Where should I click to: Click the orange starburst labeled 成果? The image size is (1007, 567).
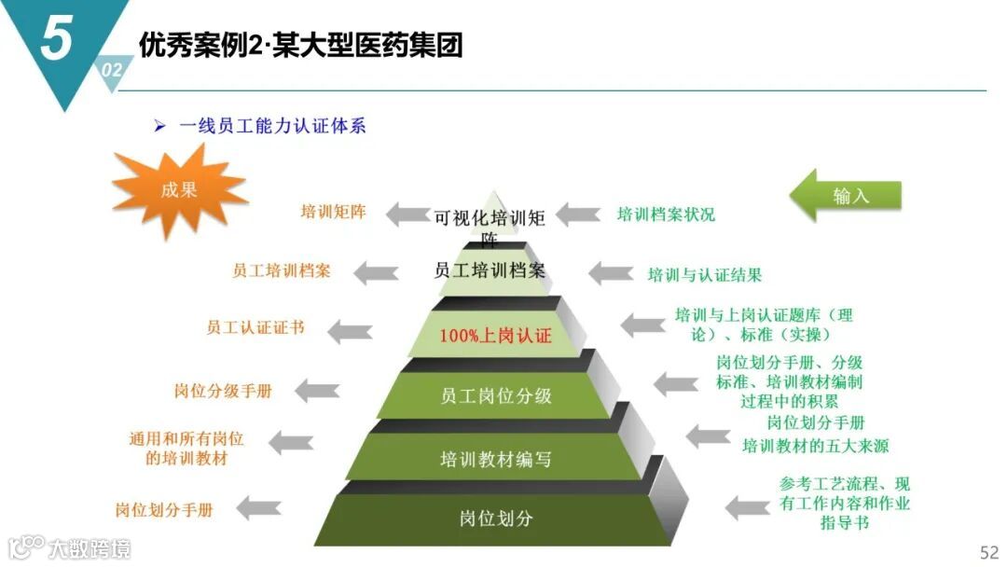179,190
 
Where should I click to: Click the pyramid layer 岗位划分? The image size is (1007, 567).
495,518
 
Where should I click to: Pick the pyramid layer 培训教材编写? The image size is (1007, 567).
495,459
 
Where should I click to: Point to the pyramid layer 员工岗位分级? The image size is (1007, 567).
495,395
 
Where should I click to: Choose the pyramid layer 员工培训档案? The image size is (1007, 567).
490,270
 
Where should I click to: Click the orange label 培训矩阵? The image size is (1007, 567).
333,212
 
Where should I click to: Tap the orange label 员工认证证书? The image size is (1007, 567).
255,328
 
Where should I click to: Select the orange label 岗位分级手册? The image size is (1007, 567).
223,391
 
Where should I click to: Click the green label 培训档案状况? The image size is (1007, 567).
666,214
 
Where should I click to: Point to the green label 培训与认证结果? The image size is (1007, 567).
705,274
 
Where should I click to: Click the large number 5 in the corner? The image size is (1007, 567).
57,39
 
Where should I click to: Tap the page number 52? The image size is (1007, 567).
988,551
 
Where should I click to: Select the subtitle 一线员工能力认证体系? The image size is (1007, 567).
271,126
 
